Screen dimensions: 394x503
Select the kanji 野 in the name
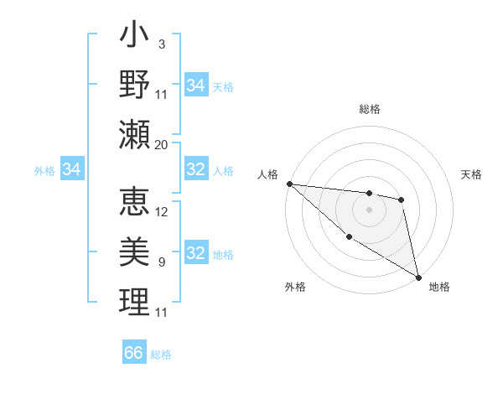coord(135,86)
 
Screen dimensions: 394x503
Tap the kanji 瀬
coord(135,135)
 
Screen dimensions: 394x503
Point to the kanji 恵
coord(135,202)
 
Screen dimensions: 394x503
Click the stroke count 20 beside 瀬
coord(162,144)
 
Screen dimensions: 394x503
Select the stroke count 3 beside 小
coord(162,44)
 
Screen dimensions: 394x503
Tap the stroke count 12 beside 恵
coord(162,211)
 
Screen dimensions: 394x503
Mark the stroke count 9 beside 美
coord(162,262)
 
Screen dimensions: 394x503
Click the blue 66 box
coord(134,353)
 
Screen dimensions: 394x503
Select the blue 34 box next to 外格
coord(72,170)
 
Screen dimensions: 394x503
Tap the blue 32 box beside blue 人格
coord(196,170)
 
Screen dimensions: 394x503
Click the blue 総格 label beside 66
coord(161,355)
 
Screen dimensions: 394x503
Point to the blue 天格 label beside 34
coord(223,86)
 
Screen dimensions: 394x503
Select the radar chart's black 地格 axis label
coord(439,287)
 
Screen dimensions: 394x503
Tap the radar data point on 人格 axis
coord(289,184)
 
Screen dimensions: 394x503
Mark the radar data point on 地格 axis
coord(418,277)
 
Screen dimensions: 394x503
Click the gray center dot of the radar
coord(369,210)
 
